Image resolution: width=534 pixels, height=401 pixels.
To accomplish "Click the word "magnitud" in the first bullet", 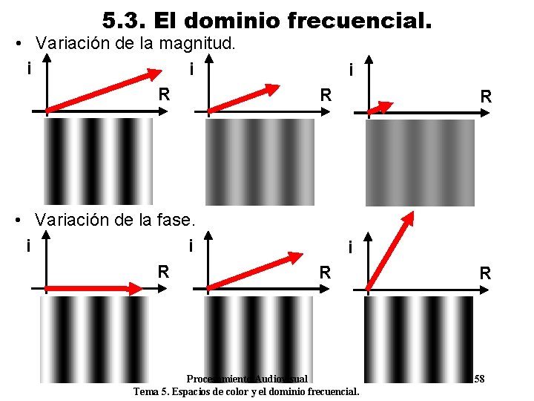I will (202, 43).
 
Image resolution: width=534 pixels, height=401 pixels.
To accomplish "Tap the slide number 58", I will (479, 379).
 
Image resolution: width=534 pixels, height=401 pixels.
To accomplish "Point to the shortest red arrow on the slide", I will (380, 107).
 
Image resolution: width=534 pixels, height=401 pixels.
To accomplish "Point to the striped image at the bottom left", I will (94, 339).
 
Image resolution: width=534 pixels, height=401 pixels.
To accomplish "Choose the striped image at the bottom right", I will (419, 339).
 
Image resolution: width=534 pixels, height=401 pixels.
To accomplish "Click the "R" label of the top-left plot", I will (165, 95).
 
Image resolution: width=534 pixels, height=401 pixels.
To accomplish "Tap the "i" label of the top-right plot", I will (351, 71).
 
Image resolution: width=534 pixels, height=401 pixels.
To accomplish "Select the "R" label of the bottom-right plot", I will (485, 273).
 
